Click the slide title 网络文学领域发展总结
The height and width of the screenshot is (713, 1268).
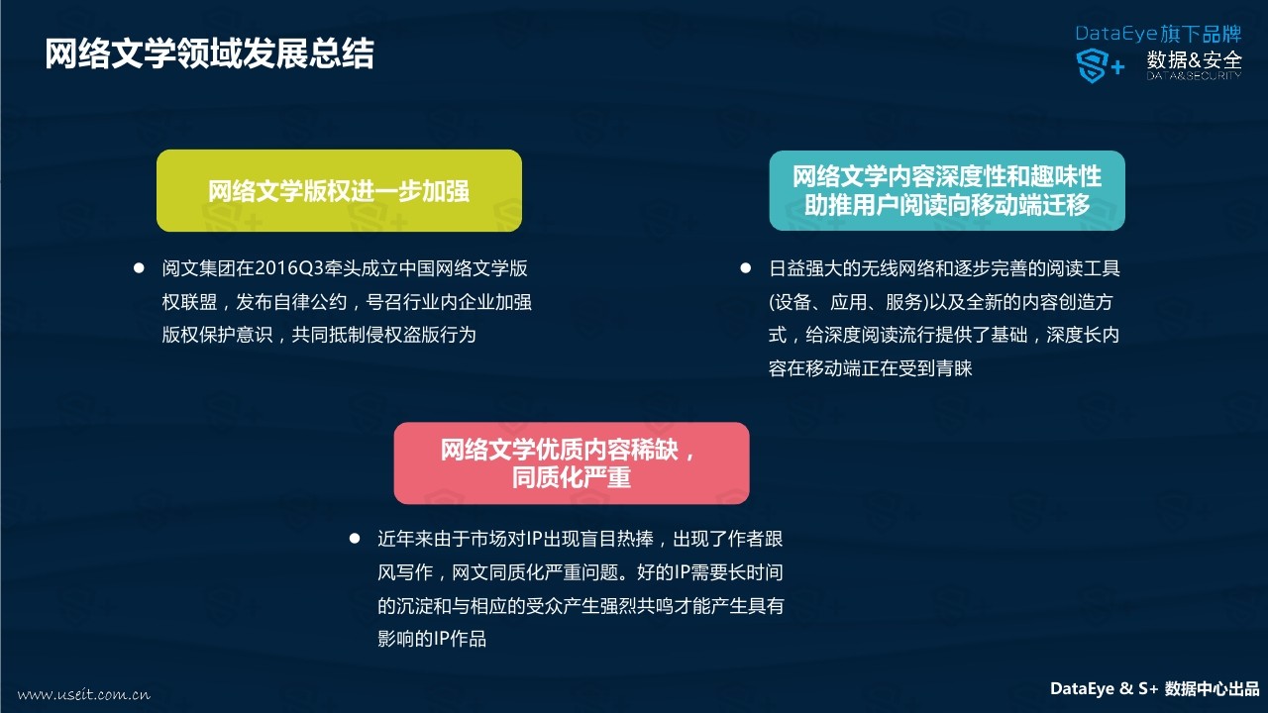tap(209, 54)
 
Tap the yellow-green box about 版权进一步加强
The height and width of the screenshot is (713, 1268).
tap(339, 191)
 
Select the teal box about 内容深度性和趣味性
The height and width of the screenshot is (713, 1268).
tap(947, 190)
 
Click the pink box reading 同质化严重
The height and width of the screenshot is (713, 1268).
tap(572, 462)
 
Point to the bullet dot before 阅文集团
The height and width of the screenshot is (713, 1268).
tap(139, 267)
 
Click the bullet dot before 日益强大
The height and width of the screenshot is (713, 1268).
tap(746, 267)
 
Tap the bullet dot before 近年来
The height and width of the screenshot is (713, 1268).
tap(355, 538)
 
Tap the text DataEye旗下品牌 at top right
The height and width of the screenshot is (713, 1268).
tap(1158, 34)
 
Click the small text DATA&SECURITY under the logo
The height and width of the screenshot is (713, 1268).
tap(1195, 76)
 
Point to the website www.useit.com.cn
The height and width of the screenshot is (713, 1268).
tap(84, 694)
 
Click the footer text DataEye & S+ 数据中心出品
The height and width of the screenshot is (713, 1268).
tap(1155, 688)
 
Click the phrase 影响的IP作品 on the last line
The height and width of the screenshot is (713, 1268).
tap(432, 639)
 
